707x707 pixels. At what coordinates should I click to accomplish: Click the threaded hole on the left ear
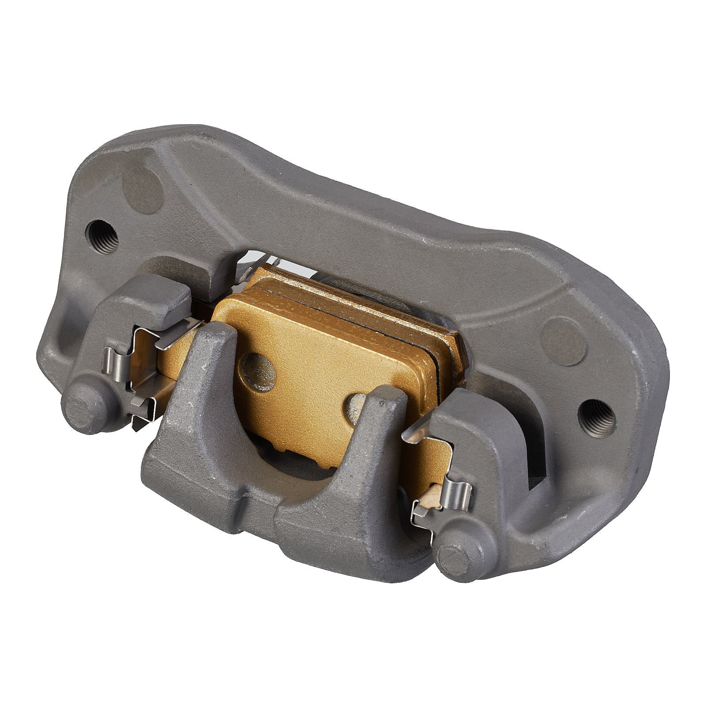(102, 237)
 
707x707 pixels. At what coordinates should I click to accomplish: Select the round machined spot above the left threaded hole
(143, 187)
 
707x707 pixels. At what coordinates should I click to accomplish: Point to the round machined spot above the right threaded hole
(562, 341)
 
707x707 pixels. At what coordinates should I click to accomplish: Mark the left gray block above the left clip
(155, 300)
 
